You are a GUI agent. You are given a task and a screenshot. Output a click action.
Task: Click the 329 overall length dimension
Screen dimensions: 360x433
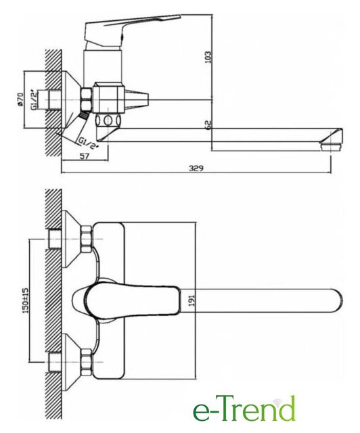point(196,168)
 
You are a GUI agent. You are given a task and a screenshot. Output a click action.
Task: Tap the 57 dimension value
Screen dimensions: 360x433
point(85,156)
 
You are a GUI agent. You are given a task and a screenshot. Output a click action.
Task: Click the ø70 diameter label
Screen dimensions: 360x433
point(20,99)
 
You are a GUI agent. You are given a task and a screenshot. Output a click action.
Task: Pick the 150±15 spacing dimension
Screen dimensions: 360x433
point(25,300)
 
